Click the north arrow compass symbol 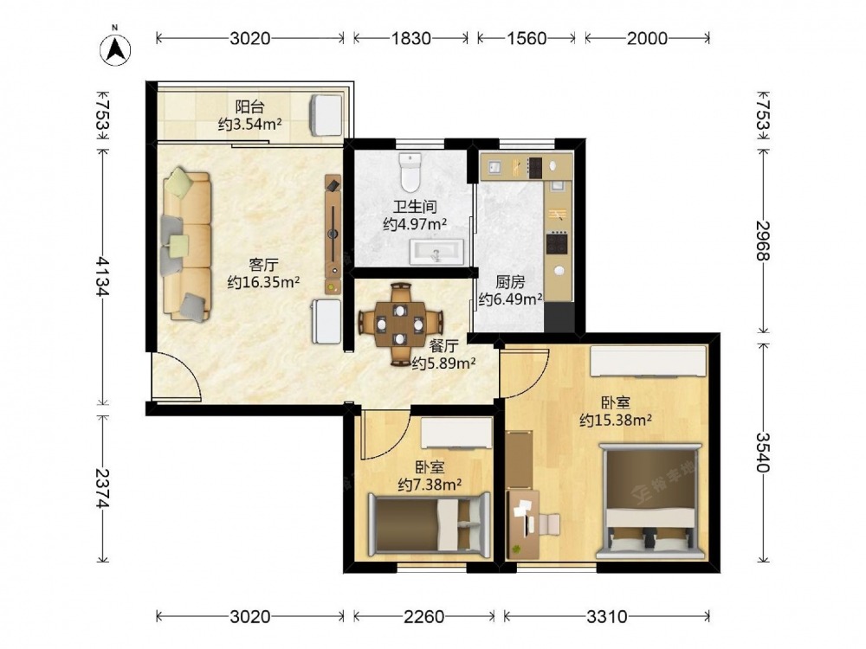pyautogui.click(x=115, y=49)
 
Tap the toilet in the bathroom pyautogui.click(x=410, y=171)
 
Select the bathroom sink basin pyautogui.click(x=436, y=252)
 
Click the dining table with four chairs pyautogui.click(x=400, y=324)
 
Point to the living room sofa pyautogui.click(x=187, y=245)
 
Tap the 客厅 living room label pyautogui.click(x=263, y=265)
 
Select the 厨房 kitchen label pyautogui.click(x=509, y=282)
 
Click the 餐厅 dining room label pyautogui.click(x=443, y=346)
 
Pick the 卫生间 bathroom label pyautogui.click(x=415, y=207)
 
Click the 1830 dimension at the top pyautogui.click(x=410, y=38)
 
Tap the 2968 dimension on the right pyautogui.click(x=763, y=240)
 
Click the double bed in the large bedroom pyautogui.click(x=650, y=500)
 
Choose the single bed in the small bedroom pyautogui.click(x=429, y=524)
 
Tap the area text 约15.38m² pyautogui.click(x=615, y=421)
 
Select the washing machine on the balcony pyautogui.click(x=326, y=115)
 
